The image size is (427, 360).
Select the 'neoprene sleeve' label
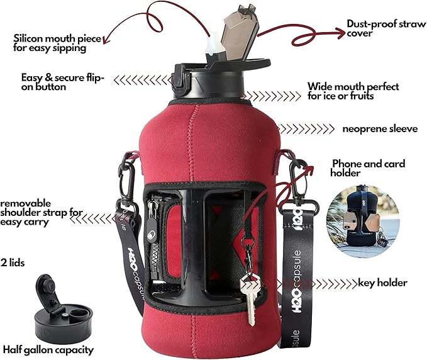(380, 128)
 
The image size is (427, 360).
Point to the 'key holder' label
(382, 283)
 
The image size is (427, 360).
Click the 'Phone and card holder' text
(368, 168)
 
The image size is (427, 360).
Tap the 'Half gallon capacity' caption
(49, 349)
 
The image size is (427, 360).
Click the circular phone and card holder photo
(355, 215)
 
